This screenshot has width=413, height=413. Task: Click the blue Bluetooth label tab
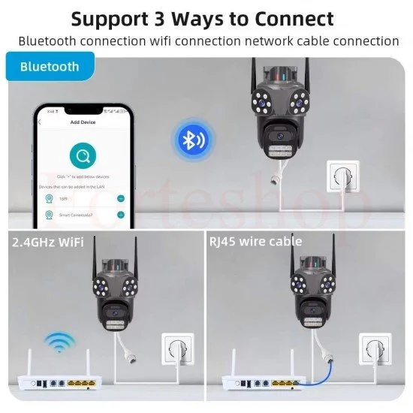[50, 67]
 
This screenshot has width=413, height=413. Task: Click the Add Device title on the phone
[82, 122]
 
